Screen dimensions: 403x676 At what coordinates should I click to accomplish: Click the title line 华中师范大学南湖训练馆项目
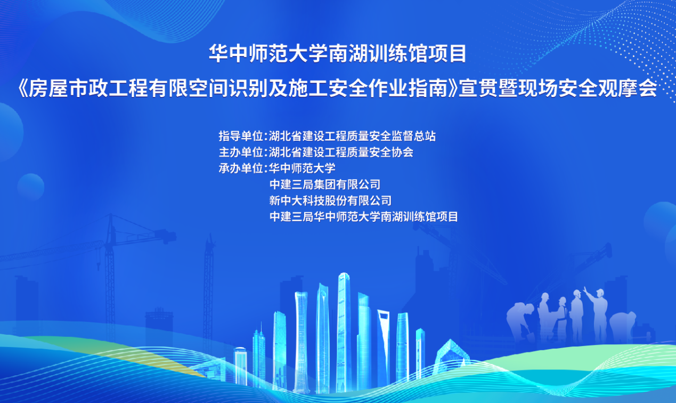tap(338, 54)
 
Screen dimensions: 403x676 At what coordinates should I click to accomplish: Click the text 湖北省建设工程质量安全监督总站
tap(352, 136)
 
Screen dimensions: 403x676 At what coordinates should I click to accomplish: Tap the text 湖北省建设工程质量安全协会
tap(341, 152)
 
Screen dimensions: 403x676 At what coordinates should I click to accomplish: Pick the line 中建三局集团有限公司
tap(325, 185)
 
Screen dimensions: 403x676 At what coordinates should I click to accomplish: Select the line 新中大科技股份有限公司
tap(330, 201)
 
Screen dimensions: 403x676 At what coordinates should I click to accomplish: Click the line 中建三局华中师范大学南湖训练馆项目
tap(364, 217)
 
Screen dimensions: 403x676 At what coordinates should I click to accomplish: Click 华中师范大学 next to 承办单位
tap(302, 169)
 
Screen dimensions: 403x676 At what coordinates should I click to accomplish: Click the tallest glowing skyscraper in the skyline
tap(343, 331)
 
